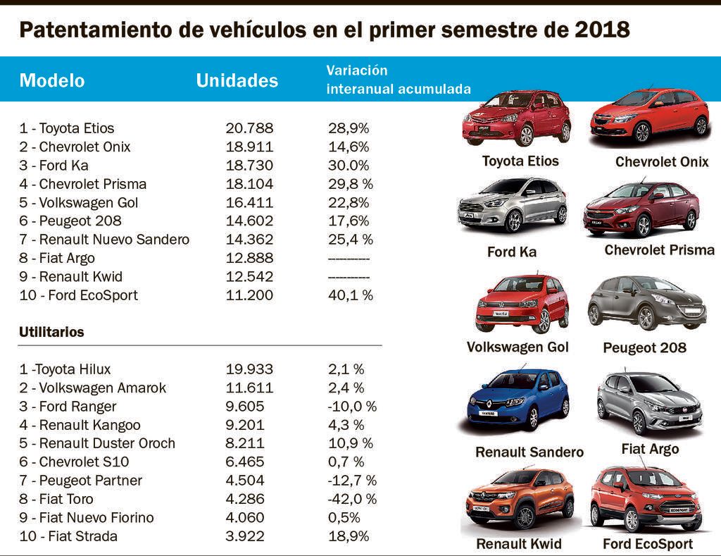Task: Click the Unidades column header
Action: tap(237, 80)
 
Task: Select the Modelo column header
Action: tap(52, 80)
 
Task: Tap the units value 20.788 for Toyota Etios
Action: tap(249, 128)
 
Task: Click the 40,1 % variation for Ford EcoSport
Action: tap(351, 295)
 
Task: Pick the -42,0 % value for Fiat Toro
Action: tap(352, 499)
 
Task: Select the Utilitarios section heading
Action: tap(51, 332)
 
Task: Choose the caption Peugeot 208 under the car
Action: tap(644, 348)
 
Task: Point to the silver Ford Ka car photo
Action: tap(512, 206)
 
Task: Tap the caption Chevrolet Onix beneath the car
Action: tap(661, 162)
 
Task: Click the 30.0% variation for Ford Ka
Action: tap(349, 166)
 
